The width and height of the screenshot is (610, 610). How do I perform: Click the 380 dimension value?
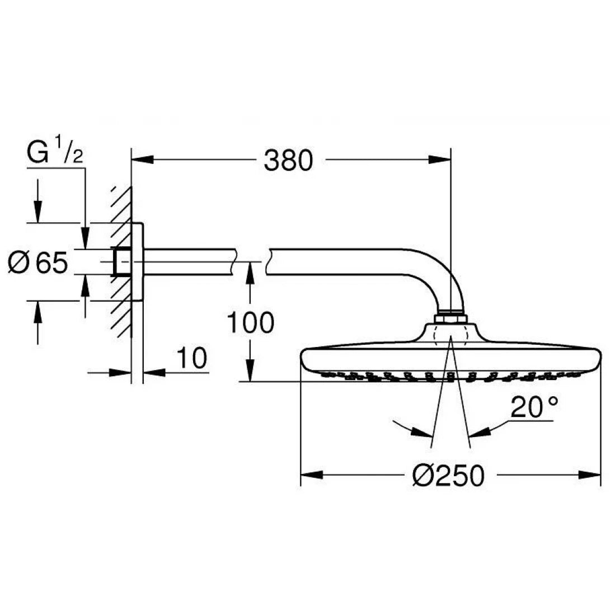coord(288,161)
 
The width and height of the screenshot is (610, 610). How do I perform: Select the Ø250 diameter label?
coord(447,476)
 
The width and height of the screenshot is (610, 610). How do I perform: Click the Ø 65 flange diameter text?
coord(38,262)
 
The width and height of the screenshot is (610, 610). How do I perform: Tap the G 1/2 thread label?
coord(55,154)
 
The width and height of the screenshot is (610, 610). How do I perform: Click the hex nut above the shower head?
coord(451,318)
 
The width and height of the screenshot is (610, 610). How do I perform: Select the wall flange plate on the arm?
coord(138,262)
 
